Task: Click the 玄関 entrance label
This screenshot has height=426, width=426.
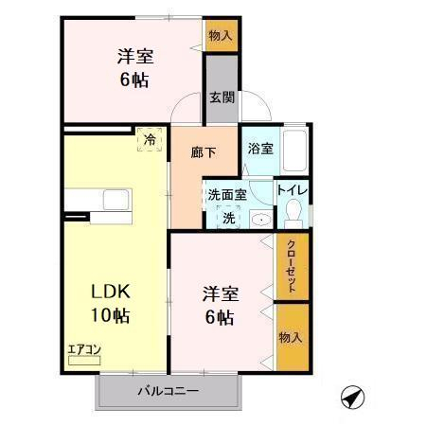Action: [222, 98]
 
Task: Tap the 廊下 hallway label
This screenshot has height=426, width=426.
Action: [204, 152]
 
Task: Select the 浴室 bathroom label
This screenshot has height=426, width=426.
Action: [260, 149]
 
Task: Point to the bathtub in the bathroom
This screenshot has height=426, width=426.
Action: [294, 151]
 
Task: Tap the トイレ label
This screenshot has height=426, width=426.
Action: [293, 190]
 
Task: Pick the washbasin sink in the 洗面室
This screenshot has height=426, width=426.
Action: [261, 219]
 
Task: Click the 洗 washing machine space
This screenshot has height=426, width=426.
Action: [229, 217]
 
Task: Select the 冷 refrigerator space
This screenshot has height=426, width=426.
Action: [150, 139]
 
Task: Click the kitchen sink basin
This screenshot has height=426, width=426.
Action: [115, 200]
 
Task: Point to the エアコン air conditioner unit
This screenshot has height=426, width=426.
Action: [84, 360]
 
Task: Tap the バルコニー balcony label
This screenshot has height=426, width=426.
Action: [169, 392]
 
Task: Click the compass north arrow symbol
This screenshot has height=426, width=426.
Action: [352, 397]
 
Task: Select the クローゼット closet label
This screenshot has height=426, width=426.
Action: [292, 267]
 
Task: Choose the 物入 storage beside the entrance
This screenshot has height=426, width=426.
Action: [222, 35]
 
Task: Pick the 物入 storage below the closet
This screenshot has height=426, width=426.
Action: [293, 338]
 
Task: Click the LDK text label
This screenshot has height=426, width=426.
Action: [111, 292]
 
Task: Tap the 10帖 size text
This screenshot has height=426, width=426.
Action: [111, 315]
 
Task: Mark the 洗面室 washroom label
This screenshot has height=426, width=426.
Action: [227, 195]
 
